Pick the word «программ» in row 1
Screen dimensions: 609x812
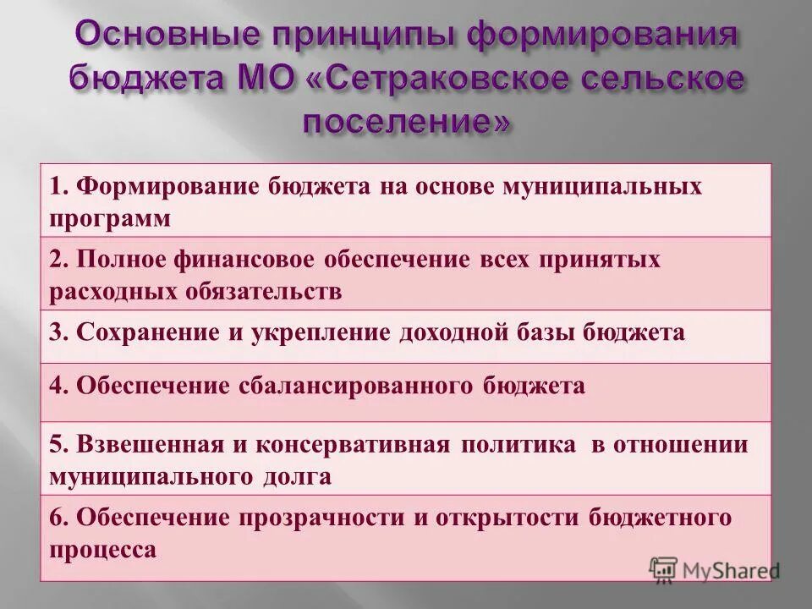tap(110, 219)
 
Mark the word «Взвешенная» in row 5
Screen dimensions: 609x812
tap(150, 445)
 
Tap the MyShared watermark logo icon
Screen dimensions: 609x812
tap(663, 568)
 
